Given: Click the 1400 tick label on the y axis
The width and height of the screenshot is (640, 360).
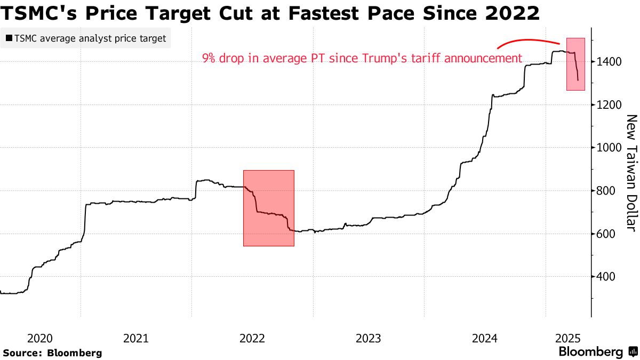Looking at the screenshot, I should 609,62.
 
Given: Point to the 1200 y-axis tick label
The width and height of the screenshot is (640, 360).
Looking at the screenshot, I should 609,105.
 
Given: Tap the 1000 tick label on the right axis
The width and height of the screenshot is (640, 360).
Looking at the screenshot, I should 609,148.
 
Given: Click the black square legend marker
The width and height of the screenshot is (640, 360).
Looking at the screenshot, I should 9,38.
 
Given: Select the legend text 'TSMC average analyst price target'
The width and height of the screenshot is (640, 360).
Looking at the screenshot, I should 90,38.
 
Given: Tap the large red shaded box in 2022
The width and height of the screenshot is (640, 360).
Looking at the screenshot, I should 268,208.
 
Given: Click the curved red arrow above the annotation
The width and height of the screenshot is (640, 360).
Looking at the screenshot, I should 528,41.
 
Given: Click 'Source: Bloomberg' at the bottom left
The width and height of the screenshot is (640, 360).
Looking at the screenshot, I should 52,353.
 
